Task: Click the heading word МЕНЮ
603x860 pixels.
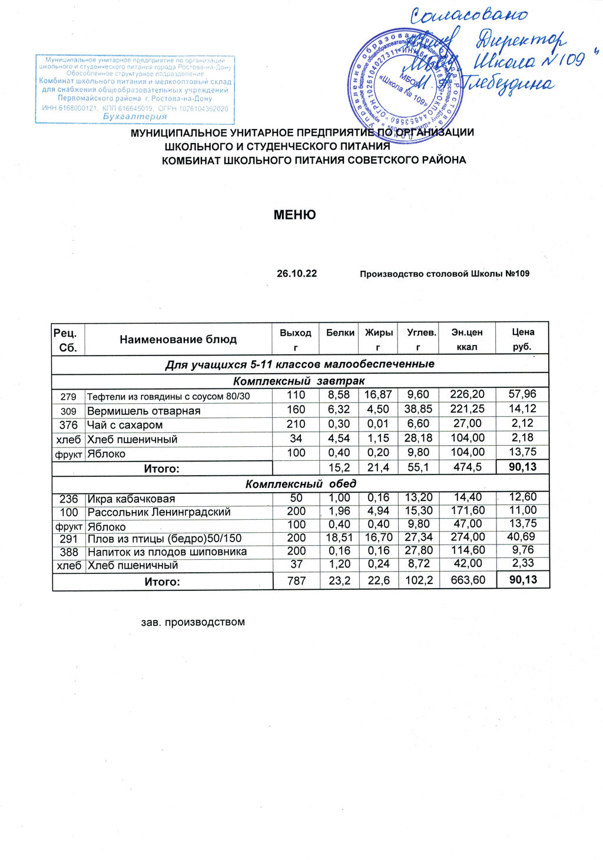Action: tap(294, 215)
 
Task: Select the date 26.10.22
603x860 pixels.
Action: tap(297, 274)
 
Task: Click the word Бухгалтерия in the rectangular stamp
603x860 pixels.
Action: tap(135, 117)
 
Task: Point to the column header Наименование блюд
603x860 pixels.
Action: tap(178, 339)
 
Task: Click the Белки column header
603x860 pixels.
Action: tap(340, 333)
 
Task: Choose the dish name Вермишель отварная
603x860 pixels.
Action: tap(144, 411)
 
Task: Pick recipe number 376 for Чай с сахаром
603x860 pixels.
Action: tap(69, 425)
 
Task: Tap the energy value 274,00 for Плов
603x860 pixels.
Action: tap(467, 537)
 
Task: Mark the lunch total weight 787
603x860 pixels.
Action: tap(296, 581)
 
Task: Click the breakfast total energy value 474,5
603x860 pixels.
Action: tap(467, 467)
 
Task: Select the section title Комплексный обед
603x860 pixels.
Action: tap(300, 484)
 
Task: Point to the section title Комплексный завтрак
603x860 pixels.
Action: tap(299, 381)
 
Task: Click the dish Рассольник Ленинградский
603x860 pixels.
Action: tap(158, 512)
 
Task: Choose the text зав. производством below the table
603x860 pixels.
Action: tap(193, 622)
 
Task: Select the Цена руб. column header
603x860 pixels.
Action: tap(523, 339)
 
